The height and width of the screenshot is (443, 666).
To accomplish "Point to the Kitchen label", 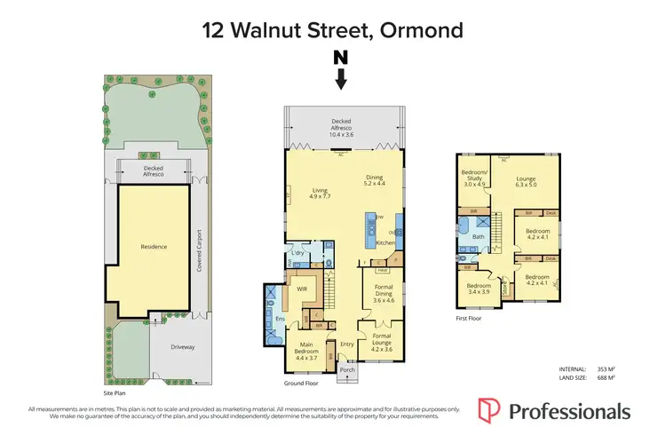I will [x=385, y=242].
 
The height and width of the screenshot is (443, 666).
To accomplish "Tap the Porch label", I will [x=347, y=370].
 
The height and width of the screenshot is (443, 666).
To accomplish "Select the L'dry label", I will [x=299, y=254].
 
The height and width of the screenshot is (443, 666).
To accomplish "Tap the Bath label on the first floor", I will [x=478, y=237].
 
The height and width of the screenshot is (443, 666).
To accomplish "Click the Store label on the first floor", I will [x=504, y=288].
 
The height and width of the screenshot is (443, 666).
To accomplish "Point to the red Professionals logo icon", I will [x=489, y=412].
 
